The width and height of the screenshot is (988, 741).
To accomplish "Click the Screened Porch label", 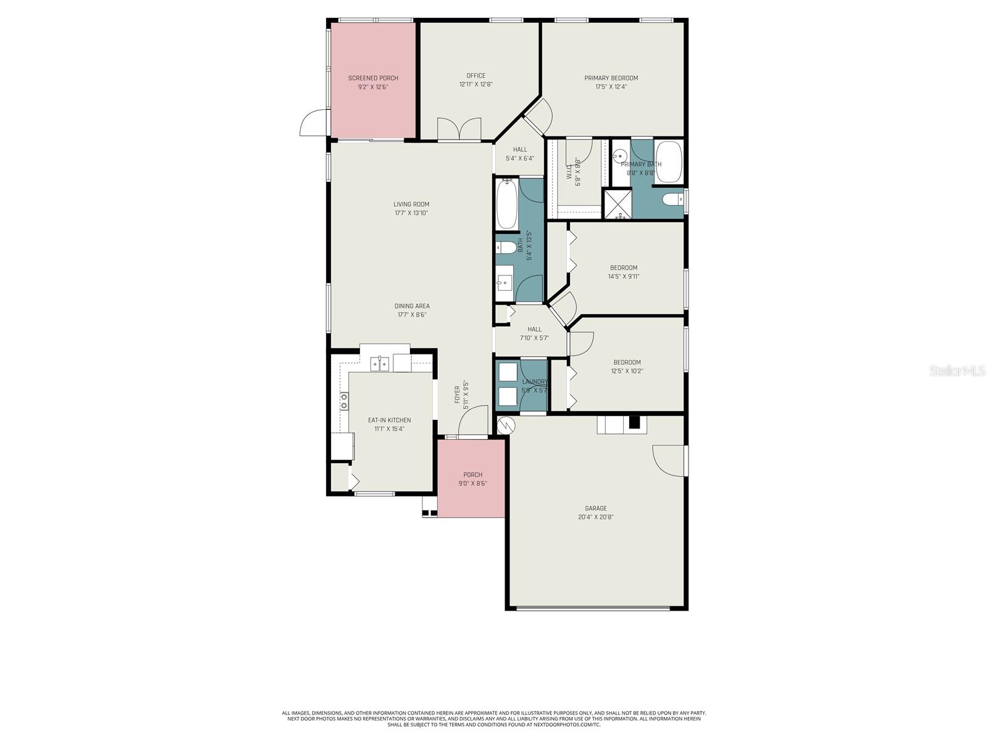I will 373,78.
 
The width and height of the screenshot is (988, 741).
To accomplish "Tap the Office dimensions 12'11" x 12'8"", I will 475,85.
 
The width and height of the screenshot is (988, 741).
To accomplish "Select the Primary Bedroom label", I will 611,78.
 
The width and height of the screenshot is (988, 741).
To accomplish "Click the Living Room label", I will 411,204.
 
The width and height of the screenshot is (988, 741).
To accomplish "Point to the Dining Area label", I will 412,306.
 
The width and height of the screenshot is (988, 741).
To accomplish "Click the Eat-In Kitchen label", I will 389,421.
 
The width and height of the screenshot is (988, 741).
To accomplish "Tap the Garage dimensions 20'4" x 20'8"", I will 595,517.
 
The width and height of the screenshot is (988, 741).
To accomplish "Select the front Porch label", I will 472,475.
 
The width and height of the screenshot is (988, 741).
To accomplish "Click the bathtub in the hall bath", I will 508,204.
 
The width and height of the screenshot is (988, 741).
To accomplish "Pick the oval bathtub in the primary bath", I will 668,162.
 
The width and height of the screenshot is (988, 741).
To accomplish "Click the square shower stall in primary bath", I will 617,204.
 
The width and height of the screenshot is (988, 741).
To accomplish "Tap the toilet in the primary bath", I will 672,199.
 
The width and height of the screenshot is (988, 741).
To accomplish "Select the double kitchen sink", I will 379,364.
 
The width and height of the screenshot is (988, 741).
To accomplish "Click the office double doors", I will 459,130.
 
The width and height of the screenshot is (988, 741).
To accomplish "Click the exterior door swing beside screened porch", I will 314,123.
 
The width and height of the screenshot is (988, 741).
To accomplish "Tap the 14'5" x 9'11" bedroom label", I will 623,272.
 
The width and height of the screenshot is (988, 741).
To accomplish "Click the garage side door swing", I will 669,460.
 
